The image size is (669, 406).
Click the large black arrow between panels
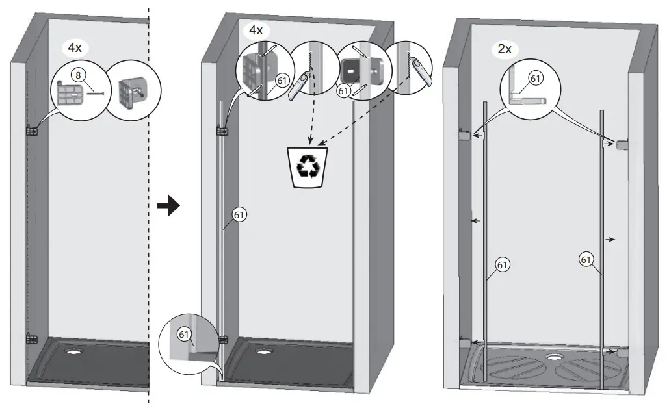(x=168, y=207)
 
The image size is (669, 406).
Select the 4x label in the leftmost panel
(x=75, y=47)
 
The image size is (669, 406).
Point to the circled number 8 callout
(x=78, y=75)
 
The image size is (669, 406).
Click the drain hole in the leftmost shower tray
(x=72, y=353)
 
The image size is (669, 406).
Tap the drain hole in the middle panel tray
(x=264, y=353)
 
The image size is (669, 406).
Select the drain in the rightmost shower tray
(x=554, y=356)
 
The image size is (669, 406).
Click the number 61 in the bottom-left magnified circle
(x=185, y=335)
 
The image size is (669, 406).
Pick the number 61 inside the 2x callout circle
(x=535, y=78)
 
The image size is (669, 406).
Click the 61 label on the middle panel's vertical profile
(x=239, y=215)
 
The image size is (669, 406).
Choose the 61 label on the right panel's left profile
(x=502, y=264)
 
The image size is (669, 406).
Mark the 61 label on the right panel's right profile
(x=586, y=260)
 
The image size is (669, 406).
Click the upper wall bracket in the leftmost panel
(x=31, y=131)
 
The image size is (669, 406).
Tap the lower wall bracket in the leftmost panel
(x=31, y=338)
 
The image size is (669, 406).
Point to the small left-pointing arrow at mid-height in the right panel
(x=476, y=222)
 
